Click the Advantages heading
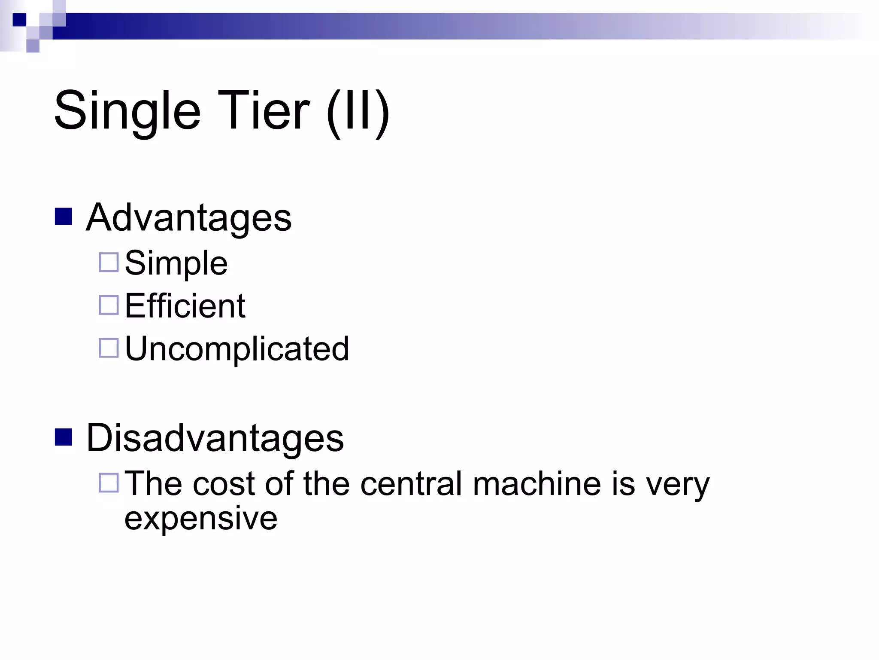coord(189,217)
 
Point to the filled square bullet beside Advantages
coord(64,217)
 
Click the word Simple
coord(176,263)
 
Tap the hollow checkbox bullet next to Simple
coord(109,263)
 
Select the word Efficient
coord(185,306)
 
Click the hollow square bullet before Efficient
coord(109,305)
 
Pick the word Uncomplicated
coord(237,348)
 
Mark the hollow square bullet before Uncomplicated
coord(109,348)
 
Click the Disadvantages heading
coord(215,438)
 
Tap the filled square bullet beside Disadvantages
coord(64,437)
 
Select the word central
coord(412,484)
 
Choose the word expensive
coord(201,519)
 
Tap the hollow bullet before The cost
coord(109,483)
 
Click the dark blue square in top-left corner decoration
coord(19,20)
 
